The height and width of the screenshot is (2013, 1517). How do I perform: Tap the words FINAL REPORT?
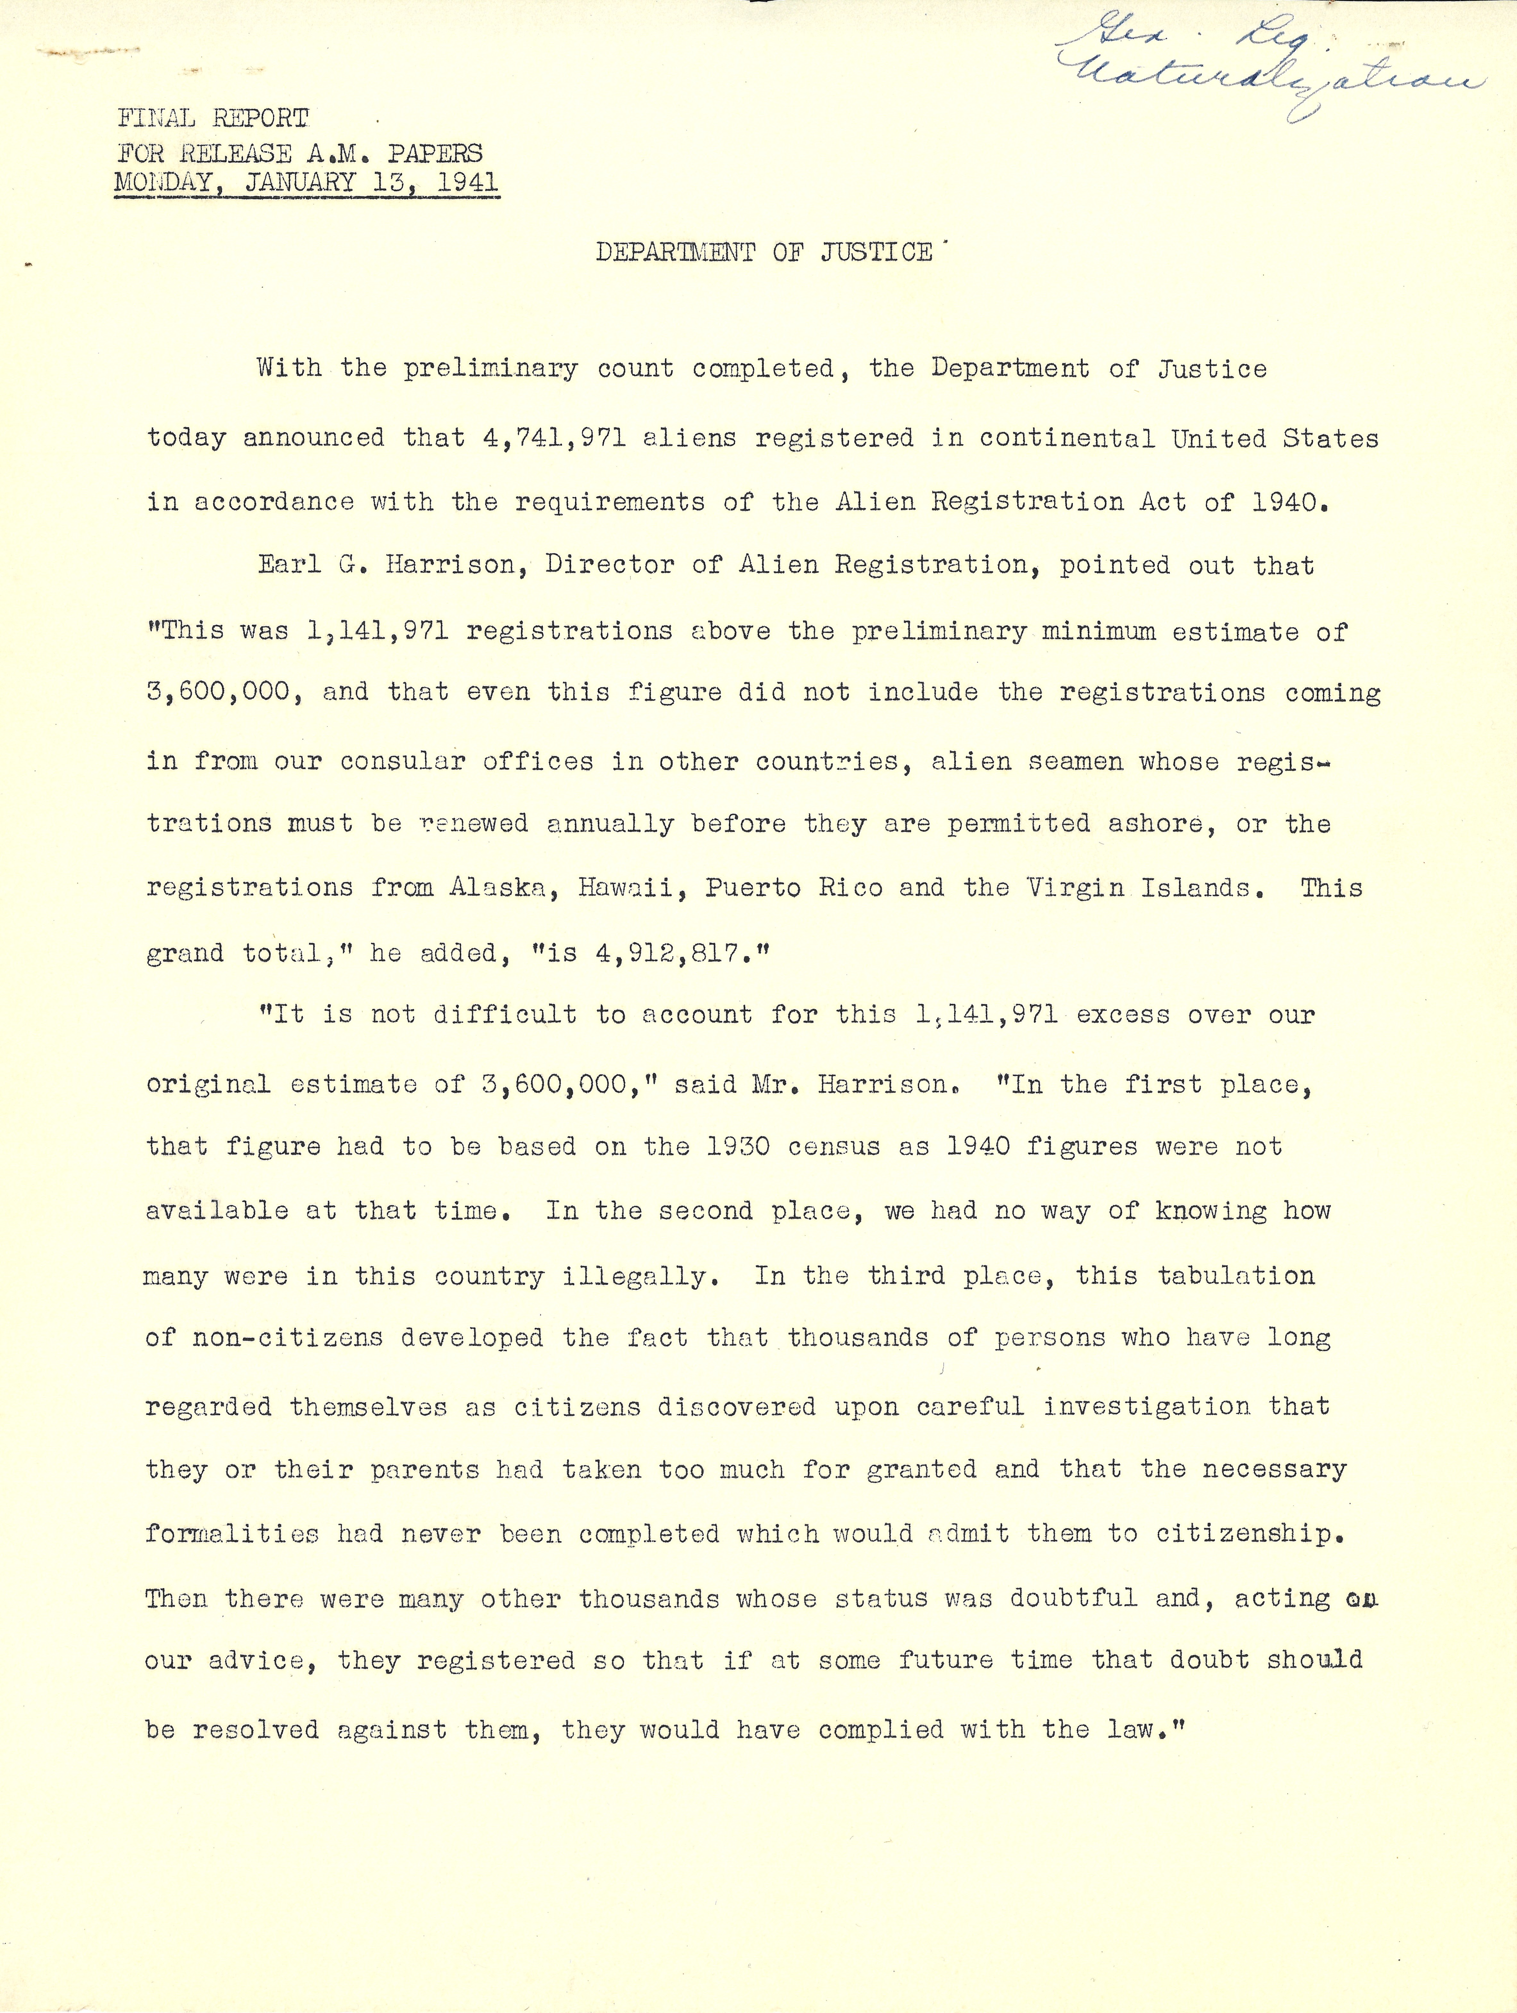point(213,118)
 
